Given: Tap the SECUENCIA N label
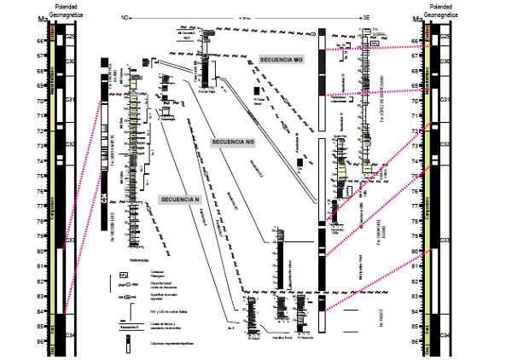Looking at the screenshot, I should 179,199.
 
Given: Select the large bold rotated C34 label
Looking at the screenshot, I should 103,198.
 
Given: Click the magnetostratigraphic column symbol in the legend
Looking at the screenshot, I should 128,345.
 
